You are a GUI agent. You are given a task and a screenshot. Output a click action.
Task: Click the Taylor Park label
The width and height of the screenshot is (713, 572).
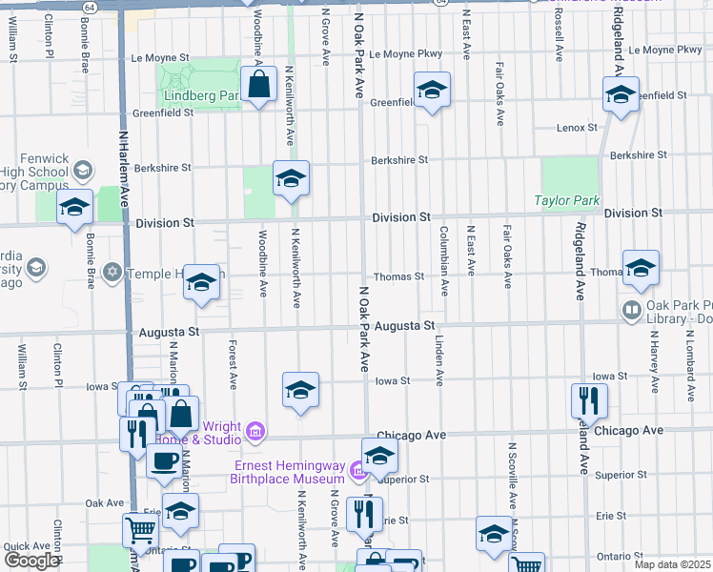click(x=566, y=201)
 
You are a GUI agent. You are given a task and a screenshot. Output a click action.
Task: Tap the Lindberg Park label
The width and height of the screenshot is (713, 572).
click(x=201, y=96)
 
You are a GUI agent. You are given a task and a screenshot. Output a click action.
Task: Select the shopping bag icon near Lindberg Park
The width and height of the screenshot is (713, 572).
click(x=259, y=86)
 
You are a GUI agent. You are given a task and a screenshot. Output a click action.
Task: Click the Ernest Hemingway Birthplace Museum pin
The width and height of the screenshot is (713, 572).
click(x=357, y=470)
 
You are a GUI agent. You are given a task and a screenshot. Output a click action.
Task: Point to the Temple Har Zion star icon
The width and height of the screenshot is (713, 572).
click(x=112, y=274)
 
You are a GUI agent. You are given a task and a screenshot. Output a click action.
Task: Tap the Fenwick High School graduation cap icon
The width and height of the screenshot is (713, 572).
click(x=82, y=171)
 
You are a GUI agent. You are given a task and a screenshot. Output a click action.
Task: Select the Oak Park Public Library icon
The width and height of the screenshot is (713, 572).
click(x=630, y=310)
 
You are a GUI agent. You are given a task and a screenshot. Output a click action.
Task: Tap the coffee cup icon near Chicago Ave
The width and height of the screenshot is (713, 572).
click(x=163, y=461)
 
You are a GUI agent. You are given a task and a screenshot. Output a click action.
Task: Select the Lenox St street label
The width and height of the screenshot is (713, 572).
click(x=577, y=127)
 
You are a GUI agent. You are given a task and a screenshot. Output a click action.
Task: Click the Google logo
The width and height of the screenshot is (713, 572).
click(x=31, y=561)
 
